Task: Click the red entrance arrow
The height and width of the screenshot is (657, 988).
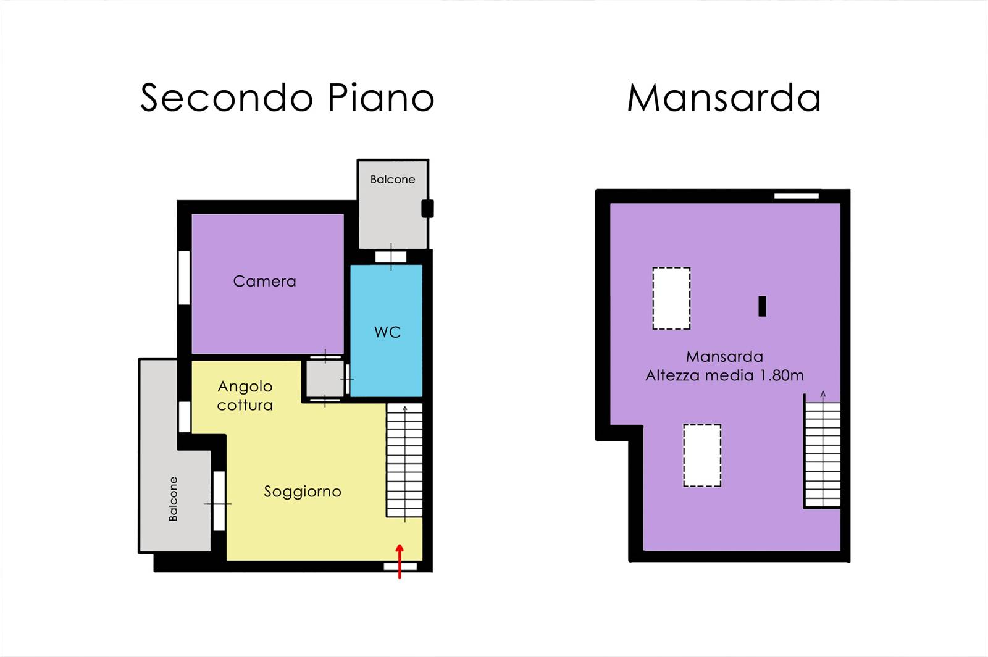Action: pos(400,561)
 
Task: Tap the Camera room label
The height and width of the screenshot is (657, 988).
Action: pos(265,282)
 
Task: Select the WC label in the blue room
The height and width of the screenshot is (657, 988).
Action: pos(388,332)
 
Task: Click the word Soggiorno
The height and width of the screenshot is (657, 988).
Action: pos(303,492)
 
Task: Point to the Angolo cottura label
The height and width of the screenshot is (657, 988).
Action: pos(245,396)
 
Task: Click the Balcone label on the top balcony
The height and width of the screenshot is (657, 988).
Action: pos(393,180)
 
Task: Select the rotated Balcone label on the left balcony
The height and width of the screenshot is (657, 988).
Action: pos(174,499)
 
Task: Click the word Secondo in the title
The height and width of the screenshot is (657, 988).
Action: pos(227,98)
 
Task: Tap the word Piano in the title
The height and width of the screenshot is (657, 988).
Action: pos(382,98)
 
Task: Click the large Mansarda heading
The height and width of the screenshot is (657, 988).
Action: pos(724,98)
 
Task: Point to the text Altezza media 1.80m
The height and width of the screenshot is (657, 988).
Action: pos(725,375)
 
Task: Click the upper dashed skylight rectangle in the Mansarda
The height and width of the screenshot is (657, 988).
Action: pos(671,298)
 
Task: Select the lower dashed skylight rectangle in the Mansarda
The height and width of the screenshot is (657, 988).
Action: pos(702,456)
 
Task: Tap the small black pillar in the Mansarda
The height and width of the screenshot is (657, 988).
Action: pos(762,306)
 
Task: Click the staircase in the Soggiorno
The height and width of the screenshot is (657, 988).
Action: pos(404,460)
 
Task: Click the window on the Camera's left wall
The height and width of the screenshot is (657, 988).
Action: pos(185,278)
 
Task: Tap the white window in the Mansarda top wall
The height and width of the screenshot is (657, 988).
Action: pos(797,196)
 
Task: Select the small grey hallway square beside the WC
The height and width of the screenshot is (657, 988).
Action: pos(325,379)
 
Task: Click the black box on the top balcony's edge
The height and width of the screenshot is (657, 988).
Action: pos(427,209)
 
